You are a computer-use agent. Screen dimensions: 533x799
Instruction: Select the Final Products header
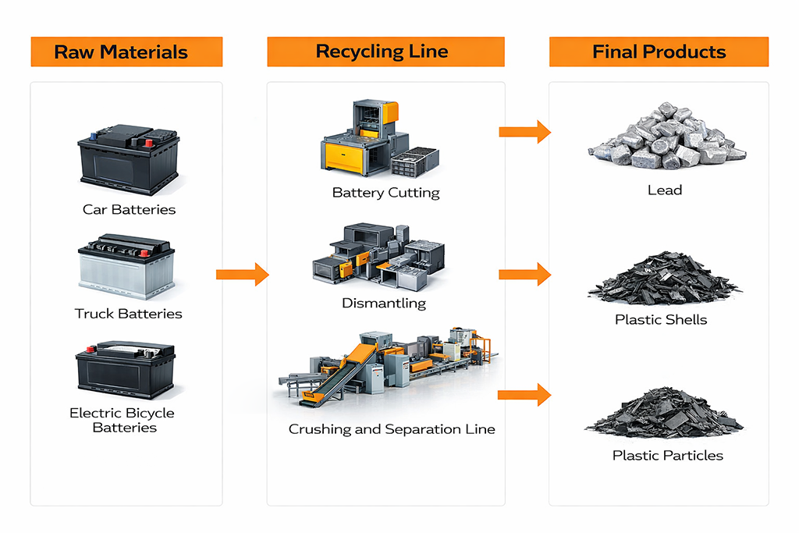click(x=659, y=52)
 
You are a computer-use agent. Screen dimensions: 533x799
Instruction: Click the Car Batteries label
click(x=129, y=209)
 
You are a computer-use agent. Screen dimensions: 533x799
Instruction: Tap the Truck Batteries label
click(x=128, y=314)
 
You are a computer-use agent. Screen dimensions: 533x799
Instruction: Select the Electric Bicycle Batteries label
click(x=123, y=420)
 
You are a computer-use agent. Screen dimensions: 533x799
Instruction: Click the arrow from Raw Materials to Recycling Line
click(x=242, y=274)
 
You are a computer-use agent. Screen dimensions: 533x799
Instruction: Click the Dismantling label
click(x=384, y=303)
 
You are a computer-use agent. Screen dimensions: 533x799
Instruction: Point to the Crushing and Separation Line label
click(x=392, y=429)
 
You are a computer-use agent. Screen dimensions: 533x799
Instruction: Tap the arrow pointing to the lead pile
click(x=524, y=132)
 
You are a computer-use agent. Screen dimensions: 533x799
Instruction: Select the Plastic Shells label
click(x=661, y=319)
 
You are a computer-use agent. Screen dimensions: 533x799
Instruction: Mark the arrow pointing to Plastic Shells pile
click(x=524, y=274)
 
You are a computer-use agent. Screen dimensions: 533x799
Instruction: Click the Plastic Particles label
click(x=667, y=455)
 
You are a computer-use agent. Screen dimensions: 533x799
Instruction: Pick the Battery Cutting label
click(x=385, y=193)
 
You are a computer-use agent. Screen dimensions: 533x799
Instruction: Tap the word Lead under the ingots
click(x=665, y=190)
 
